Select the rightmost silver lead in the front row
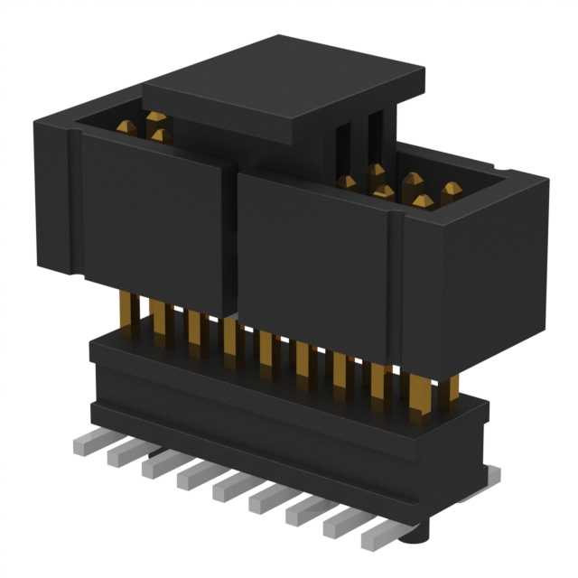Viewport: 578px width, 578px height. pyautogui.click(x=378, y=536)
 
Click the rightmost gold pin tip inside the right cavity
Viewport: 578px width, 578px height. pyautogui.click(x=451, y=190)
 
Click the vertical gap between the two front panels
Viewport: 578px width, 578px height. pyautogui.click(x=230, y=244)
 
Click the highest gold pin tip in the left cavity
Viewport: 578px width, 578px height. pyautogui.click(x=156, y=117)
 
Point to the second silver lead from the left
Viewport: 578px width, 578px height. pyautogui.click(x=123, y=456)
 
